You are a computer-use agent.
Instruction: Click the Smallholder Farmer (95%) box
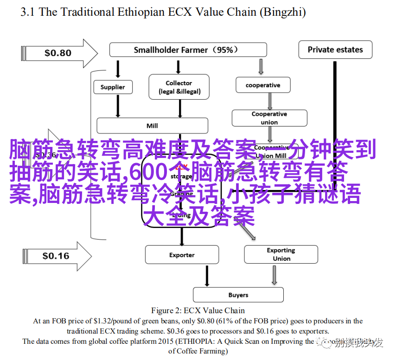188,50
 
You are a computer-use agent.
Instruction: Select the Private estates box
335,50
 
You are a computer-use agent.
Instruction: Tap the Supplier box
113,87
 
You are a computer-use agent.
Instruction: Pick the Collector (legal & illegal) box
179,87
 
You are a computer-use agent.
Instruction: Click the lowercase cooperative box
263,85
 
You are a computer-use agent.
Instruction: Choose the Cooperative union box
269,118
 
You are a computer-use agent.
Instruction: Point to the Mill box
152,126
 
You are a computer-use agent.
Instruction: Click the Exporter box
182,255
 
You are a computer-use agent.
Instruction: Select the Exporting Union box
281,254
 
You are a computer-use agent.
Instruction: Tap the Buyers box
238,295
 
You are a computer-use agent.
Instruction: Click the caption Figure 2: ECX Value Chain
198,310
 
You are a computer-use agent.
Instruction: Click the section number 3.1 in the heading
28,13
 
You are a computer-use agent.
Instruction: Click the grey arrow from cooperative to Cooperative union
269,101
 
